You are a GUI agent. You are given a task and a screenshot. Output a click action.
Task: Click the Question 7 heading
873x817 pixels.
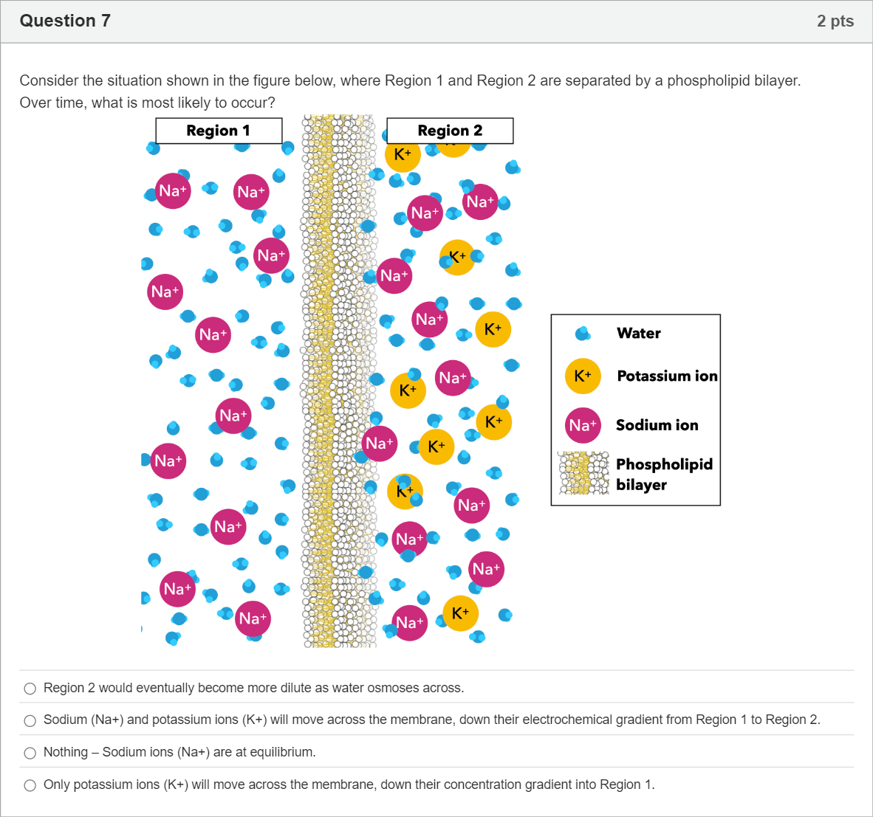[65, 21]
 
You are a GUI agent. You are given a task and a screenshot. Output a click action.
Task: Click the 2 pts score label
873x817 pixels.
[835, 21]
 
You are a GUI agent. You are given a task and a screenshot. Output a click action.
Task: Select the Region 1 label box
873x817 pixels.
[219, 131]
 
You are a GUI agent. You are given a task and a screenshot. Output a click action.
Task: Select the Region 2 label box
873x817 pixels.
[450, 131]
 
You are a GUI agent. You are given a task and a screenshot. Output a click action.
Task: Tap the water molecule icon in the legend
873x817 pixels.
[583, 333]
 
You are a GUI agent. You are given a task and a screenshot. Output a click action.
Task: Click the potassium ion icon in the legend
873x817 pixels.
[583, 376]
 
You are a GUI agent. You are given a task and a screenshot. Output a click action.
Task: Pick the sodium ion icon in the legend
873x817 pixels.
[583, 425]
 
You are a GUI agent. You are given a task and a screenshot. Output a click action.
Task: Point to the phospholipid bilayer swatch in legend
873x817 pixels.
[584, 473]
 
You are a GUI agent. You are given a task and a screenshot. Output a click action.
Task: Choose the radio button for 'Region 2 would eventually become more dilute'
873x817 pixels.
[30, 689]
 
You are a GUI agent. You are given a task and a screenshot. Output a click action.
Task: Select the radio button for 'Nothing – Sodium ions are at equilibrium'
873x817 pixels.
[30, 753]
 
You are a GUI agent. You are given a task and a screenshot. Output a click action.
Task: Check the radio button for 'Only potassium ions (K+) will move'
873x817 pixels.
[30, 785]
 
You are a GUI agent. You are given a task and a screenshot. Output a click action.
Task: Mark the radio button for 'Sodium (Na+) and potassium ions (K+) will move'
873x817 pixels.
[30, 721]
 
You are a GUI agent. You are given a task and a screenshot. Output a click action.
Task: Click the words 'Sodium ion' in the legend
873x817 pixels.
[657, 425]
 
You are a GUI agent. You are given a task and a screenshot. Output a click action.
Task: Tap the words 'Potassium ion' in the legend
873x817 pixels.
[667, 376]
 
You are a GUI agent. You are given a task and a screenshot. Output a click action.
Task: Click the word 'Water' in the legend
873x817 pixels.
[639, 333]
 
